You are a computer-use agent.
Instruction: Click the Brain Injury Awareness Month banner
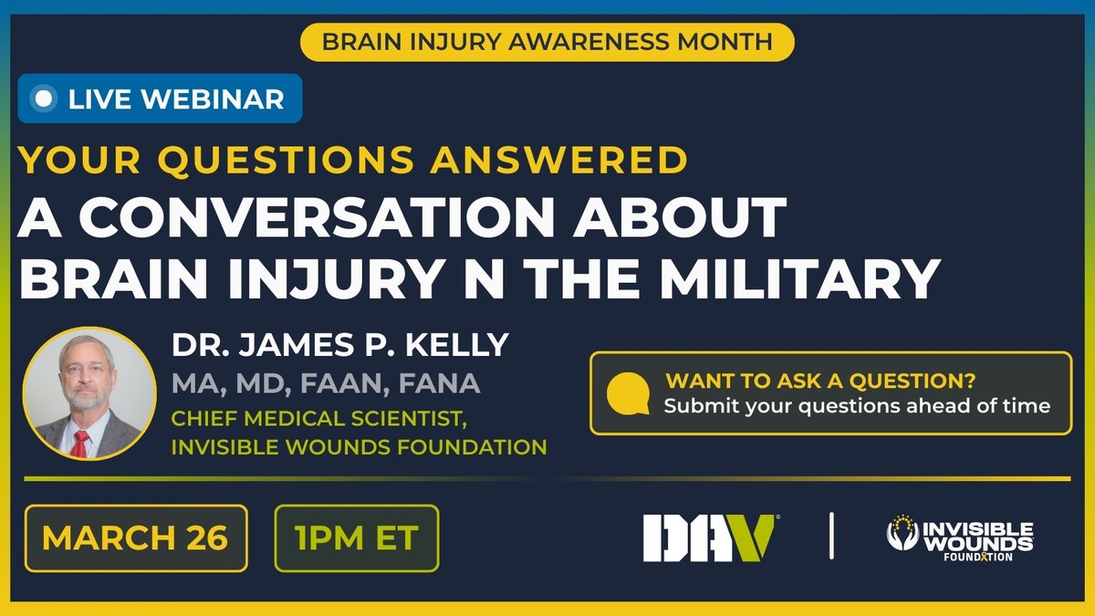pos(547,42)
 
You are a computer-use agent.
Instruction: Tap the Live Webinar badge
pos(160,99)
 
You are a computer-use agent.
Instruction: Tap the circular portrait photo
pos(89,393)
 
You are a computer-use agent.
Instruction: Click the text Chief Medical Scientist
pos(297,419)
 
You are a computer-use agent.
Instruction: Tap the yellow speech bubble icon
pos(628,393)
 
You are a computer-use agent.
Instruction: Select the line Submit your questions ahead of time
pos(857,406)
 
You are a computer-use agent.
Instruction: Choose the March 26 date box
pos(135,538)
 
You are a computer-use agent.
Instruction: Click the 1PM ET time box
pos(356,538)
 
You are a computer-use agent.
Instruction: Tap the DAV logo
pos(709,537)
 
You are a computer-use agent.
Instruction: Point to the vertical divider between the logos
pos(831,537)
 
